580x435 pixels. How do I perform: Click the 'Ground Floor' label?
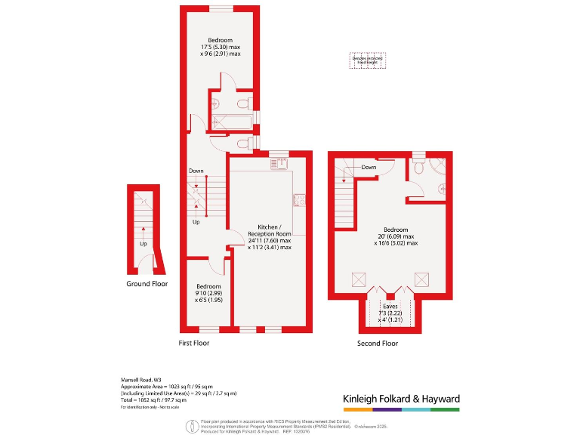(x=147, y=284)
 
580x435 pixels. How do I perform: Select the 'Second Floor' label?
(x=378, y=343)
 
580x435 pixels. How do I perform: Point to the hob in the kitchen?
(x=299, y=199)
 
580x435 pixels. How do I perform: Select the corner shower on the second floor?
(x=438, y=167)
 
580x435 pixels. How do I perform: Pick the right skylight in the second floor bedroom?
(x=421, y=280)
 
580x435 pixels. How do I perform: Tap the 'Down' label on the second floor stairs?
(x=369, y=167)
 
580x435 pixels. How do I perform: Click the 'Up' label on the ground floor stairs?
(x=143, y=244)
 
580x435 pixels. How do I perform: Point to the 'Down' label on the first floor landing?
(x=196, y=171)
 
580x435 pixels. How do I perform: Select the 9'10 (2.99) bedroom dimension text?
(x=208, y=293)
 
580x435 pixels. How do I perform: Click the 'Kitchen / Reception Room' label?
(x=270, y=230)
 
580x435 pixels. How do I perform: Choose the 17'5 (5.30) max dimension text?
(x=221, y=47)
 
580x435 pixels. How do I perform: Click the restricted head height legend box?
(x=367, y=60)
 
